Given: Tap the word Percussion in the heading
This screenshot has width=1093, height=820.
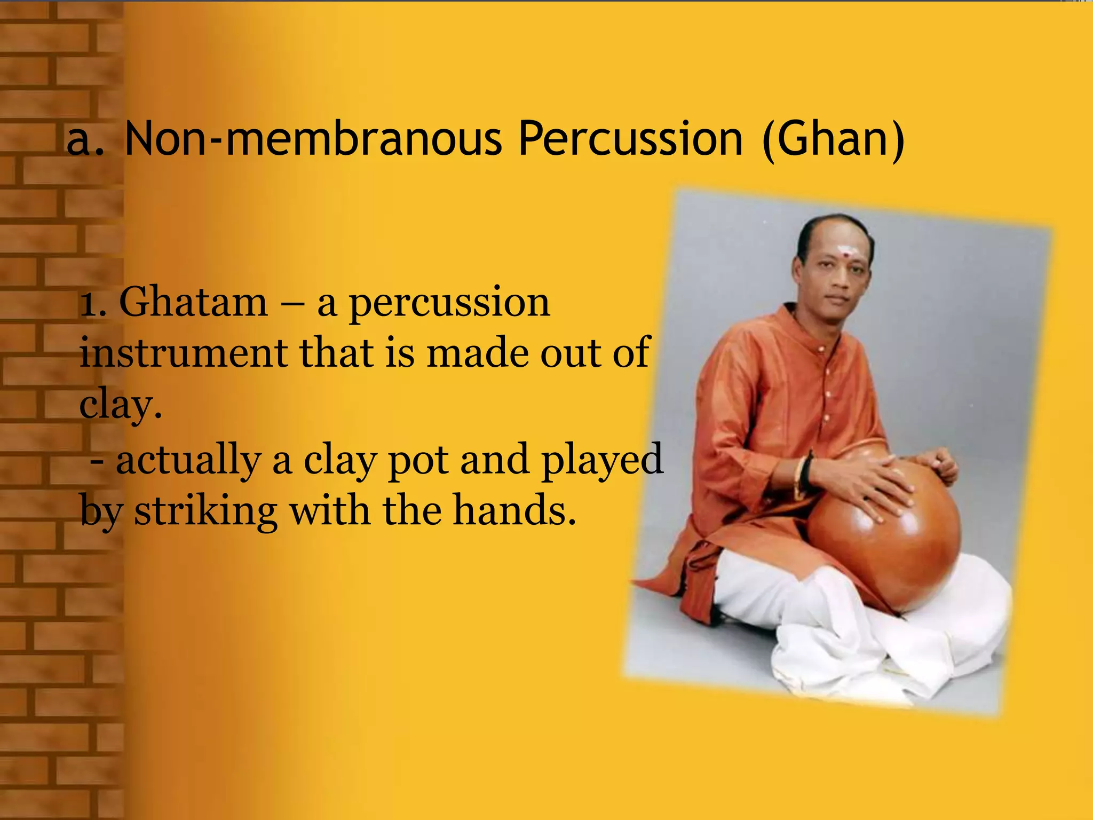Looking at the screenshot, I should pos(630,140).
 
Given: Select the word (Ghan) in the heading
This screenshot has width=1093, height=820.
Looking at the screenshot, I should pos(833,140).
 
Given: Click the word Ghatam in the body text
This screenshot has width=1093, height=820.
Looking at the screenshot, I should pos(193,303).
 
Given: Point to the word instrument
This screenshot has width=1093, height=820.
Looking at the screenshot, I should pos(183,353).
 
